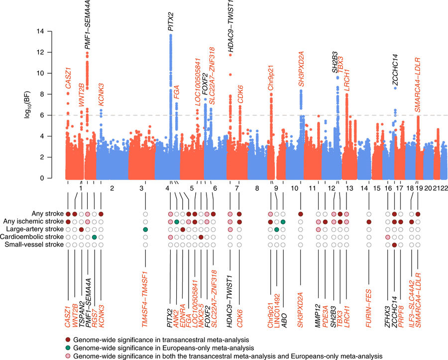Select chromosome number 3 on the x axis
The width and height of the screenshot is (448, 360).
[x=142, y=189]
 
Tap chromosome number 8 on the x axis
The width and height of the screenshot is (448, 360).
[x=257, y=189]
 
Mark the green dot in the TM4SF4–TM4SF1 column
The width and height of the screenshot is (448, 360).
[x=145, y=230]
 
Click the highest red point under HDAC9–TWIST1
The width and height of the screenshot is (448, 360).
[x=230, y=54]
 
